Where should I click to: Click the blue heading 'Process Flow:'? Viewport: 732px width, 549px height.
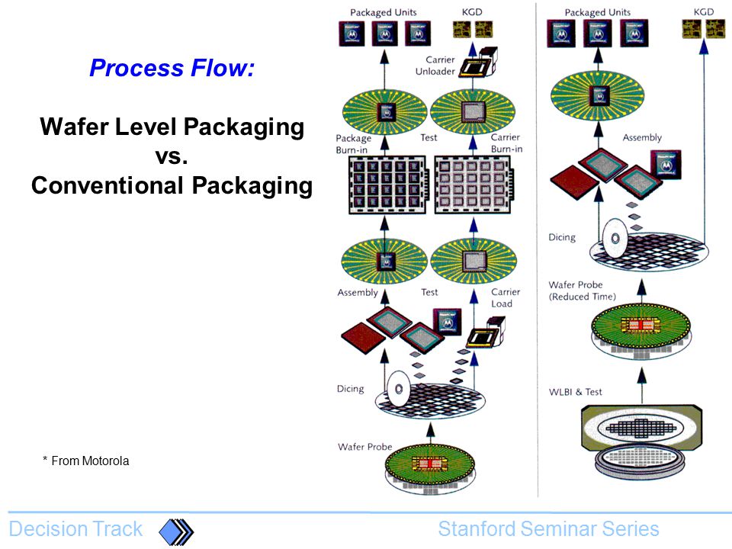(172, 68)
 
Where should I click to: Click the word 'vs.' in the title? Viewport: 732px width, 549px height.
(172, 156)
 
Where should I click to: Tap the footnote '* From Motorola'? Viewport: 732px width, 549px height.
(86, 461)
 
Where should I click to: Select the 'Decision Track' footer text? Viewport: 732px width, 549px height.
(75, 529)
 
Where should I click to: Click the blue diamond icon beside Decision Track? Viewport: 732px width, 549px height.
(176, 531)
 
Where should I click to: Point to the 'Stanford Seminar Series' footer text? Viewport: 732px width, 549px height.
(548, 529)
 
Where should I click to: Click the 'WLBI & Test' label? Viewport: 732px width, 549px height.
(575, 392)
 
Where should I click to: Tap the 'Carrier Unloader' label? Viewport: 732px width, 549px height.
(435, 66)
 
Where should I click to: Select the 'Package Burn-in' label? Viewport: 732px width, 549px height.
(353, 144)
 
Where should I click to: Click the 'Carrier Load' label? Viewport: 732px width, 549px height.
(506, 297)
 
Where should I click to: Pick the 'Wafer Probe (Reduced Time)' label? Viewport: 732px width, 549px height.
(582, 291)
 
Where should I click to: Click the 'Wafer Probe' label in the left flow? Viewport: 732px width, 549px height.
(364, 447)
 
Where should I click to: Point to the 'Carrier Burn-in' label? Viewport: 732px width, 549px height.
(506, 143)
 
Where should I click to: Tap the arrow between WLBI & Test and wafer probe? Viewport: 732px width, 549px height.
(642, 385)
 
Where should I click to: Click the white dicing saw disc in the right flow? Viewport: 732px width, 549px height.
(615, 238)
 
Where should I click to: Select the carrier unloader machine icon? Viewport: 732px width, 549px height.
(479, 62)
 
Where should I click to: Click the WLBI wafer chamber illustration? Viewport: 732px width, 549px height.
(642, 440)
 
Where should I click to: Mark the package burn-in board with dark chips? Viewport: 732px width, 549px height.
(388, 185)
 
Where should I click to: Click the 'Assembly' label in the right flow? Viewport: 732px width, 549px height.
(642, 137)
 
